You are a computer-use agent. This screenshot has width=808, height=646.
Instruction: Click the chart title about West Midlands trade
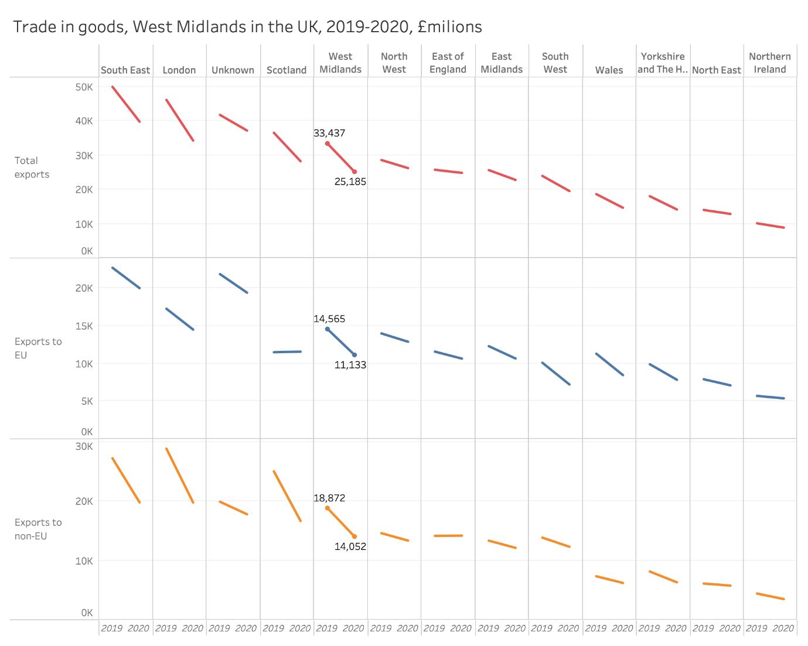click(x=247, y=27)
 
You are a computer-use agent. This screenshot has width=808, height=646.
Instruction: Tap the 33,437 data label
click(x=329, y=133)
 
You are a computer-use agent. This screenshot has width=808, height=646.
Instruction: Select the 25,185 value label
click(x=350, y=182)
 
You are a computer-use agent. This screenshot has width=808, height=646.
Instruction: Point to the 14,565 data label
click(x=329, y=319)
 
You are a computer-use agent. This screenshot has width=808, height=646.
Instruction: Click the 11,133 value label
click(x=350, y=365)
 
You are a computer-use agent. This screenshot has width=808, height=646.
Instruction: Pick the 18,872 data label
click(x=329, y=498)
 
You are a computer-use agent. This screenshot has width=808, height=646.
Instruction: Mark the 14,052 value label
click(x=350, y=546)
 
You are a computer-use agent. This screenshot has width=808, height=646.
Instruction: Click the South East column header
click(x=125, y=70)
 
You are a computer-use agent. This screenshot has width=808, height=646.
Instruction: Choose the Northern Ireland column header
click(x=770, y=63)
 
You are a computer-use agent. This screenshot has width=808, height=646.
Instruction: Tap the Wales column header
click(x=609, y=70)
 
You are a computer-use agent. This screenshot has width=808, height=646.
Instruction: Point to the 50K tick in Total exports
click(x=84, y=87)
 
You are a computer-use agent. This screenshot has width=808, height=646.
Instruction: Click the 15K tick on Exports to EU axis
click(x=84, y=326)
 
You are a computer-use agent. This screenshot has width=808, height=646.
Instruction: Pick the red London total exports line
click(x=179, y=120)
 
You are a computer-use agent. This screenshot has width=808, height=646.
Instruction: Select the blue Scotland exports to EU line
click(x=287, y=352)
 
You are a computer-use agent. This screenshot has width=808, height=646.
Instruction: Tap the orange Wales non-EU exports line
click(x=609, y=580)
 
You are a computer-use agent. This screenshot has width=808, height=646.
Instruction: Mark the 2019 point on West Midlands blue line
click(x=328, y=329)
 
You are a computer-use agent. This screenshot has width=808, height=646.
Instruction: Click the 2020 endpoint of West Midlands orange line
click(x=354, y=536)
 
